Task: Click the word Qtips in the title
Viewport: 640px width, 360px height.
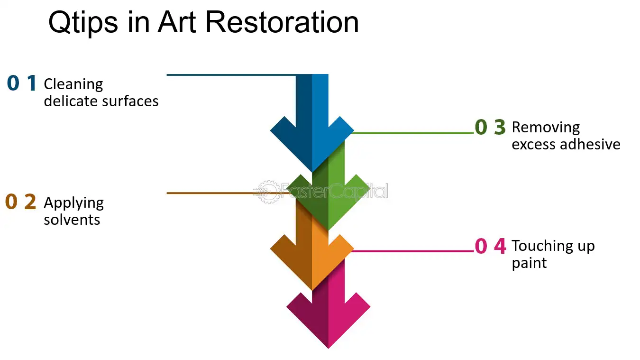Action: pos(83,23)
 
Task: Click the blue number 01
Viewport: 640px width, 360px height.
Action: pos(22,83)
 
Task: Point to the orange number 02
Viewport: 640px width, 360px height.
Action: pos(20,202)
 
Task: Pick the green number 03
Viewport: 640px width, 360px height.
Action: pos(490,127)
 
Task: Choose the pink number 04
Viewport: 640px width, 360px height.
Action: pos(490,246)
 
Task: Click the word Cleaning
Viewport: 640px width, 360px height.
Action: pos(73,85)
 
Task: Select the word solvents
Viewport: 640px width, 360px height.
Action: pos(72,220)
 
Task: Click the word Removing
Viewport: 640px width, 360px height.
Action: pos(546,128)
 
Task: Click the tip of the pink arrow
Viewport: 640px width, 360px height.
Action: pos(328,348)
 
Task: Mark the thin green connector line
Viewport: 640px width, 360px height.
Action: pos(413,133)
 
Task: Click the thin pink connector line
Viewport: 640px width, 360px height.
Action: pos(413,251)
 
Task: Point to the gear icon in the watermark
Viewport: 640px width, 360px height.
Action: pos(267,192)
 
